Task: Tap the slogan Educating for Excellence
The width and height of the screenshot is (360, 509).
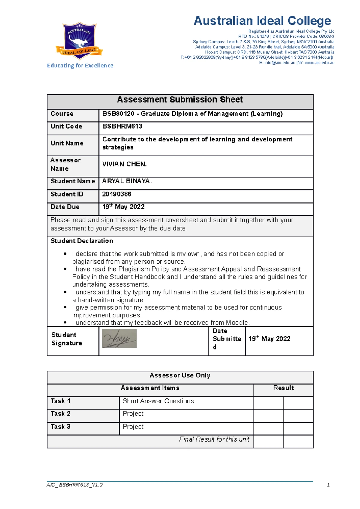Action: (80, 66)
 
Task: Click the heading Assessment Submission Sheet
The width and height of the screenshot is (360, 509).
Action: (180, 100)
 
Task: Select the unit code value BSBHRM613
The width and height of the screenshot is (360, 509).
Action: (122, 126)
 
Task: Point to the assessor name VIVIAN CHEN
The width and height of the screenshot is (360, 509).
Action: (124, 164)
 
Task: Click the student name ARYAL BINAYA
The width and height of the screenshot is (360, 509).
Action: (127, 181)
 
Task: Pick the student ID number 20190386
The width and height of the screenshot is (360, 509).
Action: (117, 194)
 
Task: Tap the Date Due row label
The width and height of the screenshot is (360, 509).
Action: (65, 207)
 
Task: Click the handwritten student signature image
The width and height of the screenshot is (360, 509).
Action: (119, 338)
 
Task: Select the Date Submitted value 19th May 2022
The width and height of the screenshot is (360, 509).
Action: (269, 339)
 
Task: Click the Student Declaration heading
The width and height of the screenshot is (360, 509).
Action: (82, 241)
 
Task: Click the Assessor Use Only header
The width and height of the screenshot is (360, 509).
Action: (180, 375)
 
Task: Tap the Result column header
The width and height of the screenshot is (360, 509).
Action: (283, 388)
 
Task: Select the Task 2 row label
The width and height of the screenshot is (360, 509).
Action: (61, 414)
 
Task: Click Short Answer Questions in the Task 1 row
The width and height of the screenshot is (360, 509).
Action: (158, 401)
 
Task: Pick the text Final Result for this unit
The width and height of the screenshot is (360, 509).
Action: (214, 439)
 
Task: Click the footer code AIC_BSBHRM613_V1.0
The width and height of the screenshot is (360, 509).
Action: (75, 485)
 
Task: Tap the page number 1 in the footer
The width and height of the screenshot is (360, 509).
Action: (328, 485)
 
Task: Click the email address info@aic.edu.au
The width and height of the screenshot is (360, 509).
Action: (280, 63)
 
